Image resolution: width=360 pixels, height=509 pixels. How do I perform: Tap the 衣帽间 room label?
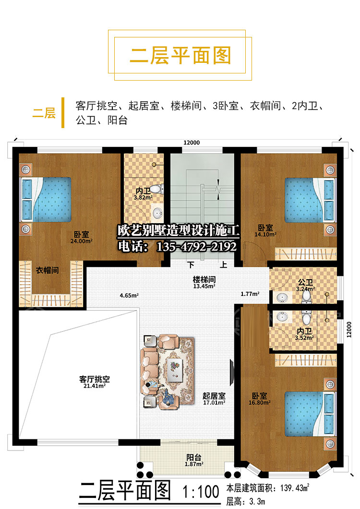48,270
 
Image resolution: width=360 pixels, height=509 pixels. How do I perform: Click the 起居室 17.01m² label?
214,399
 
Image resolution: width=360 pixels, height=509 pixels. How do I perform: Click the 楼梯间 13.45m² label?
204,283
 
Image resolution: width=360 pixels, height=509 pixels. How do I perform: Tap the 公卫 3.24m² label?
305,285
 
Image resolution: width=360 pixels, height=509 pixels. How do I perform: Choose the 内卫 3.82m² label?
143,194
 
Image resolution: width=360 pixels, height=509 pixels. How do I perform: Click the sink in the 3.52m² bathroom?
282,317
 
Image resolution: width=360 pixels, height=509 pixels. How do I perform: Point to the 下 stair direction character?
191,264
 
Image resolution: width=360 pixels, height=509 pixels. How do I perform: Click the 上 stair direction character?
223,264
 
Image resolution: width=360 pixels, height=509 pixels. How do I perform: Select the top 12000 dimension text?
192,142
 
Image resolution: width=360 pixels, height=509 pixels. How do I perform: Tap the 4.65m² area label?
129,296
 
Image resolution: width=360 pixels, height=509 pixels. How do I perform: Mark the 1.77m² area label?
250,294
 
